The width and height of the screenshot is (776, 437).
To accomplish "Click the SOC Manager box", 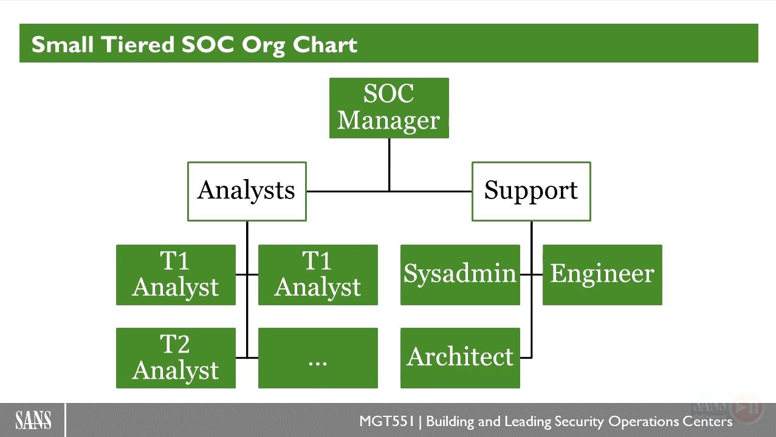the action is pyautogui.click(x=389, y=108).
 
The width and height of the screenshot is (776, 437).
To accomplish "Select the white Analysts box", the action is pyautogui.click(x=247, y=191).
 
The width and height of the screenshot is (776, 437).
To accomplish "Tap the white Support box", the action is pyautogui.click(x=532, y=191).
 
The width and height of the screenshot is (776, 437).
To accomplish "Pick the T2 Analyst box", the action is pyautogui.click(x=176, y=358).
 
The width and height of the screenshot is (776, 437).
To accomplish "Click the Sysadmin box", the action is pyautogui.click(x=461, y=275).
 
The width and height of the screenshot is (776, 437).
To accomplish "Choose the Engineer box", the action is pyautogui.click(x=602, y=275).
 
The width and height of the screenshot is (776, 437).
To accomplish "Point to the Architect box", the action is pyautogui.click(x=461, y=358).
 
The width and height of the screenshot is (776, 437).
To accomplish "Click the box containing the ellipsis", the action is pyautogui.click(x=318, y=358).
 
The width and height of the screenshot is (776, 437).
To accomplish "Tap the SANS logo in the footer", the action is pyautogui.click(x=33, y=421).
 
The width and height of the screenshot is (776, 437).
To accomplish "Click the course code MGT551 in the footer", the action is pyautogui.click(x=386, y=421).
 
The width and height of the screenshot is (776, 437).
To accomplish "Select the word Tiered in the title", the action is pyautogui.click(x=137, y=44).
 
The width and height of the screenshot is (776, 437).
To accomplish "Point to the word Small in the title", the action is pyautogui.click(x=63, y=44).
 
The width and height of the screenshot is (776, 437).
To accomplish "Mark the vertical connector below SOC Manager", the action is pyautogui.click(x=390, y=164).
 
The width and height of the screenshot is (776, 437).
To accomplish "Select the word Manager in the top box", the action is pyautogui.click(x=388, y=121).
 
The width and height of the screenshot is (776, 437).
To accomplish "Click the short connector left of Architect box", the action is pyautogui.click(x=526, y=357).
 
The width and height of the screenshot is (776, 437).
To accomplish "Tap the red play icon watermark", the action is pyautogui.click(x=746, y=408).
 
